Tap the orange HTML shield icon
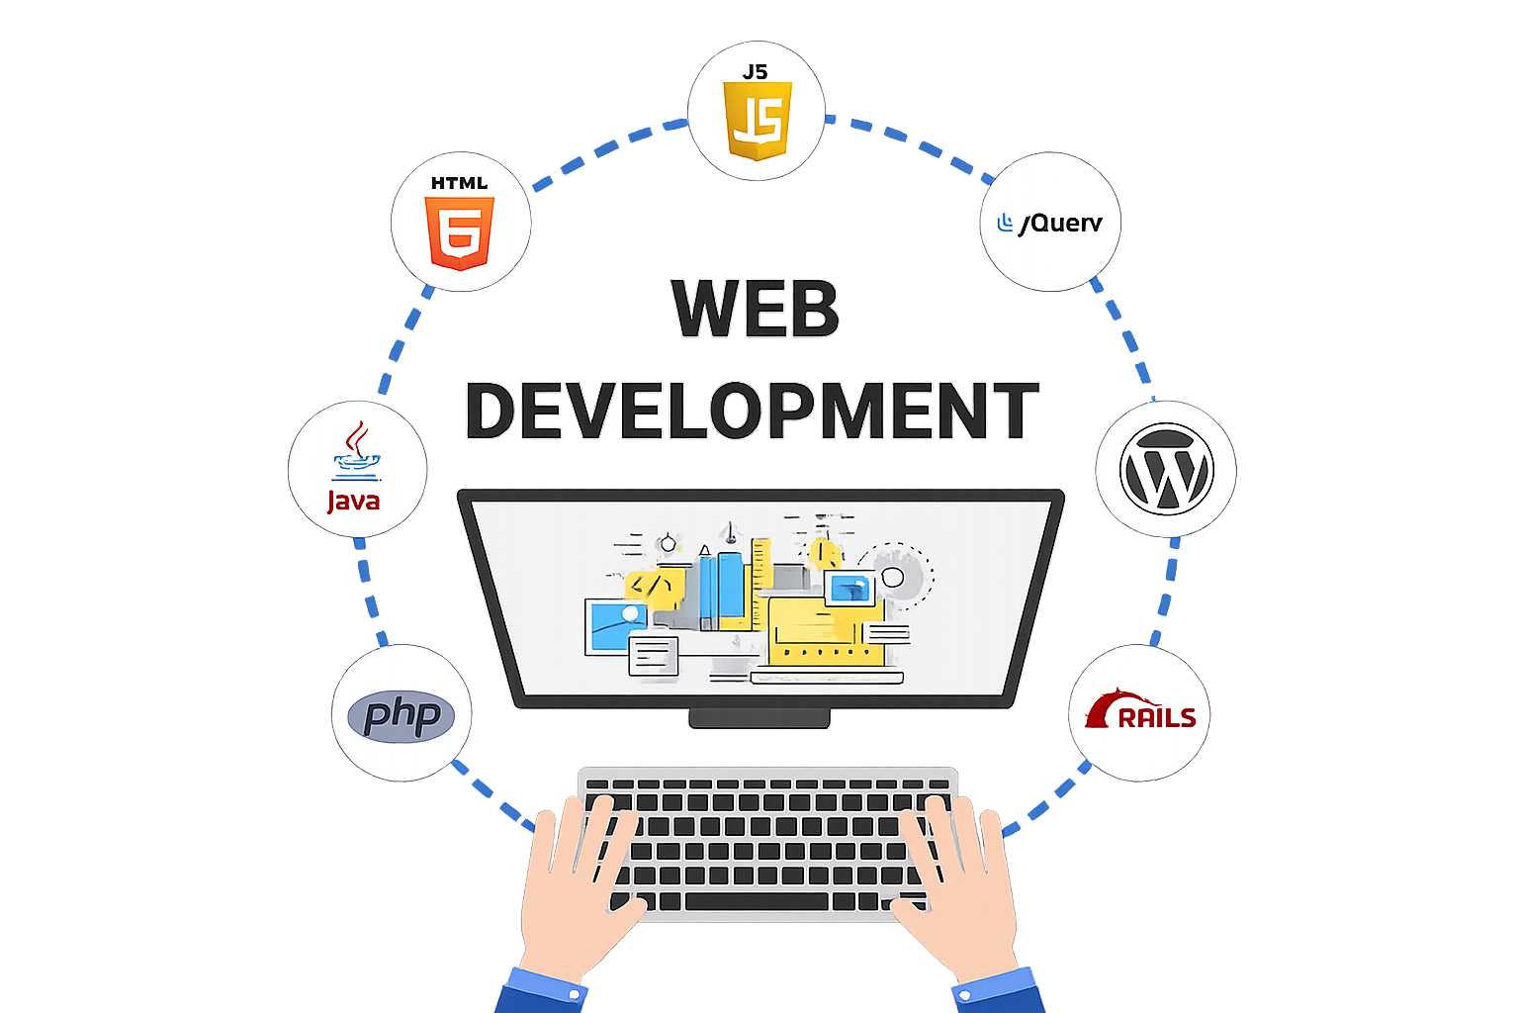459,233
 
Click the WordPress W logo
1166,469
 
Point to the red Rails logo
1140,710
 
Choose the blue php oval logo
401,716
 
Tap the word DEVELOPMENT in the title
752,410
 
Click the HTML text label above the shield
459,183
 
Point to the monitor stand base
759,718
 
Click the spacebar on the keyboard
757,902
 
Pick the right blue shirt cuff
998,991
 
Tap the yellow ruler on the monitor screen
760,584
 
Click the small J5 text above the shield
755,72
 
